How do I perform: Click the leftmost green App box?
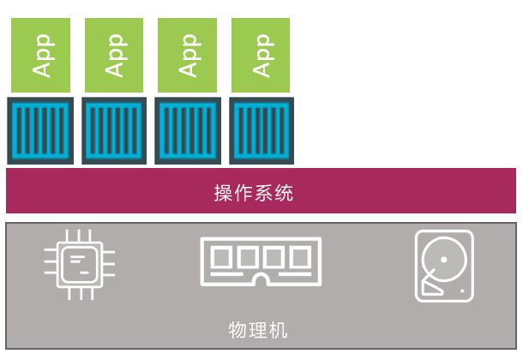[x=40, y=55]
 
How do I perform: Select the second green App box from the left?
[x=114, y=55]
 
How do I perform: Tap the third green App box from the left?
[x=187, y=55]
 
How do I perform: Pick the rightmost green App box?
[x=261, y=55]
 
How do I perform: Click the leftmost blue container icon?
[x=40, y=131]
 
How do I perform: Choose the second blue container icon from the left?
[x=114, y=131]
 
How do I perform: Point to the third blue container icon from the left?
[x=188, y=131]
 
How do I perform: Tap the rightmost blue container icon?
[x=261, y=131]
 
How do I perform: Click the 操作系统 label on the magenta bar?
[x=254, y=193]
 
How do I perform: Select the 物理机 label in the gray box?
[x=258, y=330]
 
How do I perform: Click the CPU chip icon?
[x=80, y=265]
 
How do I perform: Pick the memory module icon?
[x=261, y=261]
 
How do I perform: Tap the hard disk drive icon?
[x=444, y=266]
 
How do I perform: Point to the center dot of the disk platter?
[x=444, y=260]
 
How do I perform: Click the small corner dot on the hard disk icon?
[x=462, y=291]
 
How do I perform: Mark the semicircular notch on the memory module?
[x=261, y=279]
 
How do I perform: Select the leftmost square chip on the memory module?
[x=222, y=257]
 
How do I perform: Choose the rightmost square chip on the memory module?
[x=301, y=257]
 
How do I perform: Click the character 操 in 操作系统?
[x=223, y=193]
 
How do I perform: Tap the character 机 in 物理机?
[x=279, y=330]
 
